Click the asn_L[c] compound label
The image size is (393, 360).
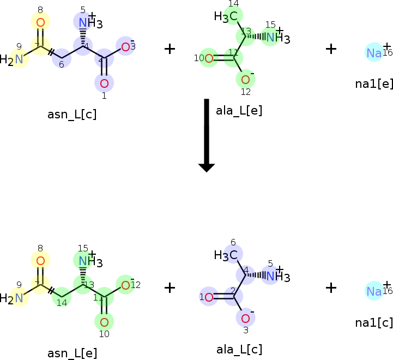click(72, 115)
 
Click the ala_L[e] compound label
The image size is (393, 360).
click(239, 111)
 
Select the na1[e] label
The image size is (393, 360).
click(373, 83)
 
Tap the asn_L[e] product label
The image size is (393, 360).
click(72, 353)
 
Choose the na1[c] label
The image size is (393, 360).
click(373, 322)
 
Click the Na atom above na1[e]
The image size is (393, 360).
click(374, 52)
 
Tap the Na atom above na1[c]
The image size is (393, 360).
click(374, 291)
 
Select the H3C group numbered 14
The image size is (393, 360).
click(227, 17)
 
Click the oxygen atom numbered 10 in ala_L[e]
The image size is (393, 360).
click(209, 58)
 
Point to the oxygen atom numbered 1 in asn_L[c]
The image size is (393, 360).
click(104, 83)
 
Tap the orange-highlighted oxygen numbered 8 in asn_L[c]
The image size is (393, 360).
click(40, 22)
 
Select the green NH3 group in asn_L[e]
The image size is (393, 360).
click(86, 261)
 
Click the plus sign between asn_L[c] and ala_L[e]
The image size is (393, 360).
click(170, 49)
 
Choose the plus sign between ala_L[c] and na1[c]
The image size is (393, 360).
click(331, 287)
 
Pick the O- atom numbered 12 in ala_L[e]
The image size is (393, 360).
click(245, 80)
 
